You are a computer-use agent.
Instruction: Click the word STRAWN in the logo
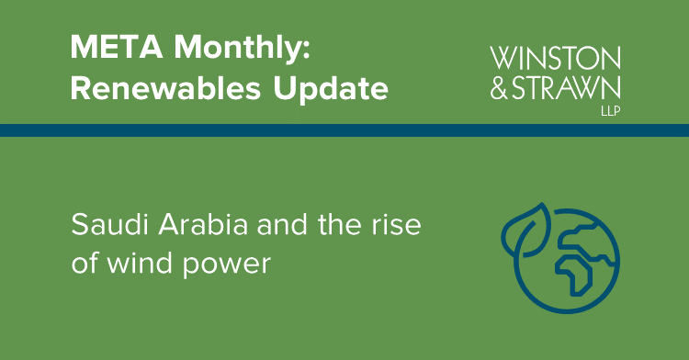coord(570,88)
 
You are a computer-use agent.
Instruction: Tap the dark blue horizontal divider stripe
coord(344,130)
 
